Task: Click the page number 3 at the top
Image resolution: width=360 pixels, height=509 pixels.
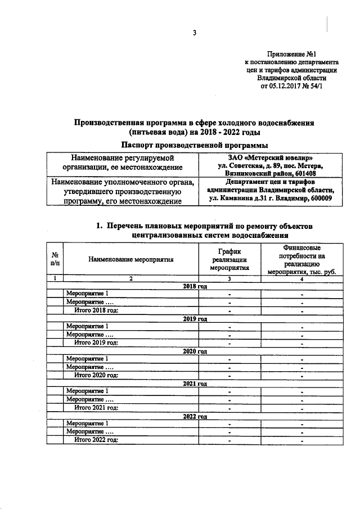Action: point(195,32)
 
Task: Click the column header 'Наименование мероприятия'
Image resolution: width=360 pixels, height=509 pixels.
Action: point(130,259)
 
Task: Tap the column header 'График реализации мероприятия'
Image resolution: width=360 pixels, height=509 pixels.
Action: point(229,259)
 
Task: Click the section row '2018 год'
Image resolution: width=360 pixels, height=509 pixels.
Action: point(195,286)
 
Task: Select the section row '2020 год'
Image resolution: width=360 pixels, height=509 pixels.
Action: point(195,351)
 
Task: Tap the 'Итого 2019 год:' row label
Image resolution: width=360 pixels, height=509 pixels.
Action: point(97,343)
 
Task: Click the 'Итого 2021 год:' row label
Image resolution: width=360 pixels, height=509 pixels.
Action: point(97,408)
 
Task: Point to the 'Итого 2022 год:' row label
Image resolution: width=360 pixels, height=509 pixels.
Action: point(97,440)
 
